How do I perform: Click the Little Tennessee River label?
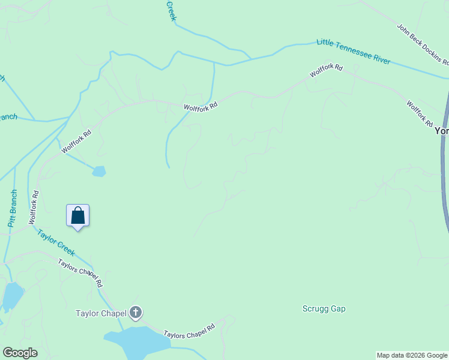354,52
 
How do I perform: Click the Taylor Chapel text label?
101,313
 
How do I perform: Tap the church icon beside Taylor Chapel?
136,312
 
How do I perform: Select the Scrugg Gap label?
324,309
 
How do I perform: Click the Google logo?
20,353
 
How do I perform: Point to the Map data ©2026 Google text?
412,355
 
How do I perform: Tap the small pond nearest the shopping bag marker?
98,172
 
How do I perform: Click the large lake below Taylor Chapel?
138,340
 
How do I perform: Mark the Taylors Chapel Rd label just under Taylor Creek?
80,273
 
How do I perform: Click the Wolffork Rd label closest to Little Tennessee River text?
326,70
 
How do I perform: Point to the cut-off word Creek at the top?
170,10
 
